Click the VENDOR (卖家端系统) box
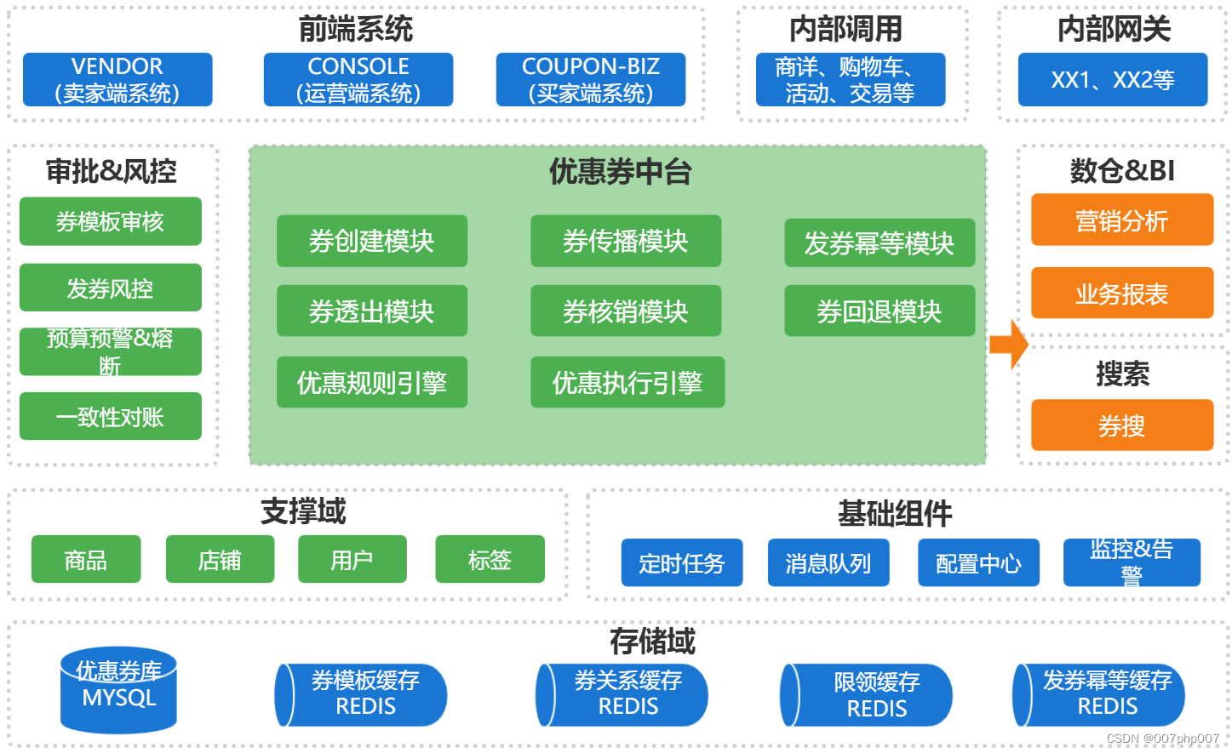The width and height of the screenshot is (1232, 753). [x=117, y=80]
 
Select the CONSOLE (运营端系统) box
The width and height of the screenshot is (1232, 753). [x=358, y=80]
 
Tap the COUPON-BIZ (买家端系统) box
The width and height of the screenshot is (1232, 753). [x=590, y=80]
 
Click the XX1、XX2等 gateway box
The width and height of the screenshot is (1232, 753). [x=1112, y=80]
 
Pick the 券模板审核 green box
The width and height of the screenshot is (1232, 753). [x=110, y=222]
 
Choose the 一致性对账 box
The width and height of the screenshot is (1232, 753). [x=110, y=417]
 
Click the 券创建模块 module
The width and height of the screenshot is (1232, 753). [x=371, y=242]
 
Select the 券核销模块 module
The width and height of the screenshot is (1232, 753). [x=625, y=311]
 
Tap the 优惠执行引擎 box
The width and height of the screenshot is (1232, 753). [x=627, y=383]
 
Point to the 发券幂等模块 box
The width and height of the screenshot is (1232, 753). [x=879, y=243]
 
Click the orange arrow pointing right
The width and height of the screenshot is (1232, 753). [x=1009, y=345]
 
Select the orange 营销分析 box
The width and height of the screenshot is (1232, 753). [x=1121, y=220]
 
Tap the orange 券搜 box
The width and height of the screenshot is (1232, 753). [x=1121, y=425]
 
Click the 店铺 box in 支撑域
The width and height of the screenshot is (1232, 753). [x=220, y=560]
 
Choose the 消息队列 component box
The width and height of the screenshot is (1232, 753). [x=828, y=563]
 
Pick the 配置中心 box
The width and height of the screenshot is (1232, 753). [x=977, y=563]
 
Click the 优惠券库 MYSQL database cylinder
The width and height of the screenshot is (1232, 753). [x=118, y=689]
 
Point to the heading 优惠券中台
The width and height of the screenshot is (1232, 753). [x=620, y=172]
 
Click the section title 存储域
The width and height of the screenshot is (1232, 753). [x=652, y=641]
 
